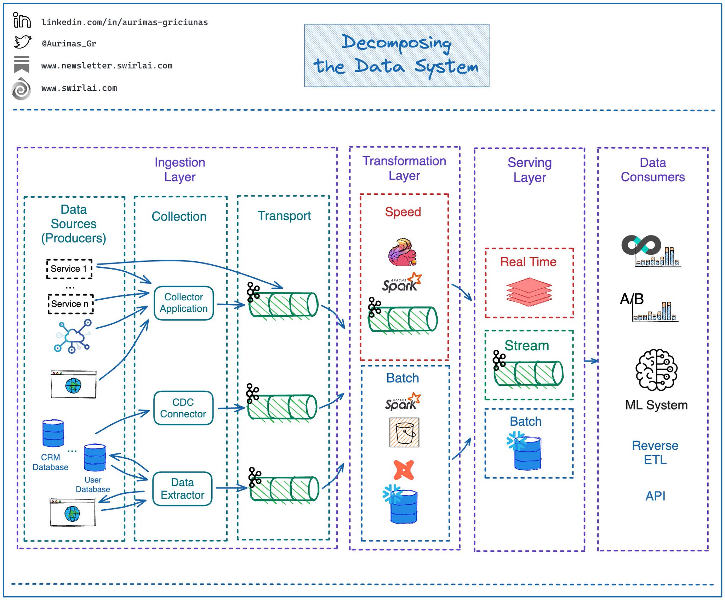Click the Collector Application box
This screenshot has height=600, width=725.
184,303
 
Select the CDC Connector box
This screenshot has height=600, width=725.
183,408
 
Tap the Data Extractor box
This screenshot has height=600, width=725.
182,489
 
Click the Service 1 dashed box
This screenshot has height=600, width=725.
69,269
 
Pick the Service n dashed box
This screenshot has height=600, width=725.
70,304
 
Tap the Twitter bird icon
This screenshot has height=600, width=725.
23,42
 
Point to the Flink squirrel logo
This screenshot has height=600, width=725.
403,252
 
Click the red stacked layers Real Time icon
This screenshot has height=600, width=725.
529,291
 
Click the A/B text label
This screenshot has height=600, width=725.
632,299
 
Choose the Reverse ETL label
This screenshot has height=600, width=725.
655,453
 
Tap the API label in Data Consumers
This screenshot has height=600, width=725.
655,496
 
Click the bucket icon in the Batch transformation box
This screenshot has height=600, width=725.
404,432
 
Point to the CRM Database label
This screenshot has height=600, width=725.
50,462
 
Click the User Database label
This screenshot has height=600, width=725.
93,485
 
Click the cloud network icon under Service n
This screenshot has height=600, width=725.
73,336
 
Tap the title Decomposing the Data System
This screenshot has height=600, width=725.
396,55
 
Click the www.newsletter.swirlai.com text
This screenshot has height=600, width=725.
107,66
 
